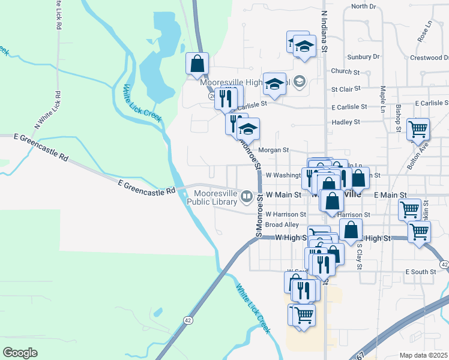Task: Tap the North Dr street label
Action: pyautogui.click(x=364, y=7)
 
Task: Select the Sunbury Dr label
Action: pyautogui.click(x=364, y=57)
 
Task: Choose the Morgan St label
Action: pyautogui.click(x=274, y=150)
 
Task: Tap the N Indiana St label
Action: pyautogui.click(x=324, y=30)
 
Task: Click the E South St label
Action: pyautogui.click(x=420, y=272)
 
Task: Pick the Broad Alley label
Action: pyautogui.click(x=282, y=224)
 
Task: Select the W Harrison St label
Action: pyautogui.click(x=286, y=214)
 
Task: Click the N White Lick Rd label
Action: pyautogui.click(x=48, y=110)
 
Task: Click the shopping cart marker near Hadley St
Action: pyautogui.click(x=418, y=128)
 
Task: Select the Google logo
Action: pyautogui.click(x=20, y=353)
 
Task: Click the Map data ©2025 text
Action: pyautogui.click(x=423, y=355)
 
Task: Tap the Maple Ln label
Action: pyautogui.click(x=382, y=97)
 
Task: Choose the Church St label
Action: pyautogui.click(x=345, y=71)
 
